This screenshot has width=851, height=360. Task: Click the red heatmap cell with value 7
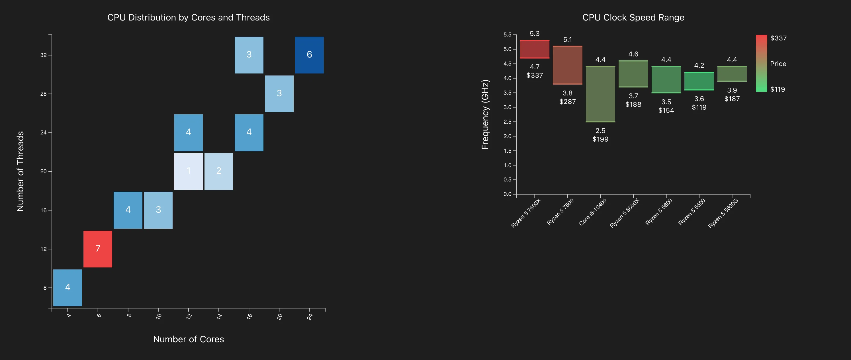98,249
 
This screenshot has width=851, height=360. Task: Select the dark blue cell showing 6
309,55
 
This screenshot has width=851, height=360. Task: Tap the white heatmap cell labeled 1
188,171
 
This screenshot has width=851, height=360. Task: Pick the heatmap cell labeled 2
219,171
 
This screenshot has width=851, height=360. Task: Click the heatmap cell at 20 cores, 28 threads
279,94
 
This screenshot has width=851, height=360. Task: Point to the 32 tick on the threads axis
44,55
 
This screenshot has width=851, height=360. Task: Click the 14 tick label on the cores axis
219,316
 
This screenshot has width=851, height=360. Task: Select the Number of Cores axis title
188,339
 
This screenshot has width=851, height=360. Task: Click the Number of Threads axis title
21,171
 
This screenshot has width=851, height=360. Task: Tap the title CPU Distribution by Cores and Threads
188,17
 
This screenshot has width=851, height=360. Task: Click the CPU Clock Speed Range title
633,17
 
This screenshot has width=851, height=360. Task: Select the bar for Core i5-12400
600,94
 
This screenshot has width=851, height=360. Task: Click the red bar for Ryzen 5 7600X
535,49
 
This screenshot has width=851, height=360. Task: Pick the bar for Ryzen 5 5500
699,81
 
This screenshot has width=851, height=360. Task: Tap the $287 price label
568,102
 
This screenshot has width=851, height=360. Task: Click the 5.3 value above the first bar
535,34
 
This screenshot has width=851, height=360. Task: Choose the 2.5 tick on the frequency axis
507,122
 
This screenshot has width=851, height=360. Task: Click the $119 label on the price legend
777,89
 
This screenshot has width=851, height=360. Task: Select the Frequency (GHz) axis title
485,114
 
